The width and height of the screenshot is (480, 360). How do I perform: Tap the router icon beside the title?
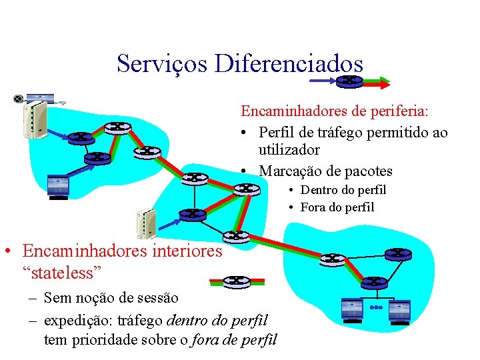349,81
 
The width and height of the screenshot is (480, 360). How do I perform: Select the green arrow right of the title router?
377,82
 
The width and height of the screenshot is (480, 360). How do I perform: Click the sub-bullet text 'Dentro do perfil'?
343,191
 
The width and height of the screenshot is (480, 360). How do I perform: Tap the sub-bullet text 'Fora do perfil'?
337,207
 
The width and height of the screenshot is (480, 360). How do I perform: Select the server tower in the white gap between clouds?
146,225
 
